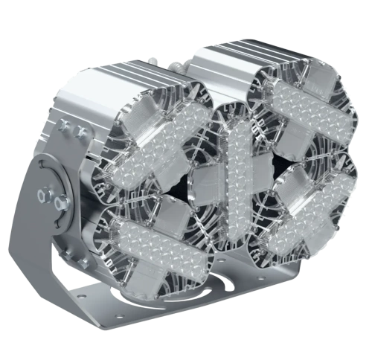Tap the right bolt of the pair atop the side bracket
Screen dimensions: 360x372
pyautogui.click(x=79, y=132)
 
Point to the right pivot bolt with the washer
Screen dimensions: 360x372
pyautogui.click(x=60, y=200)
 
